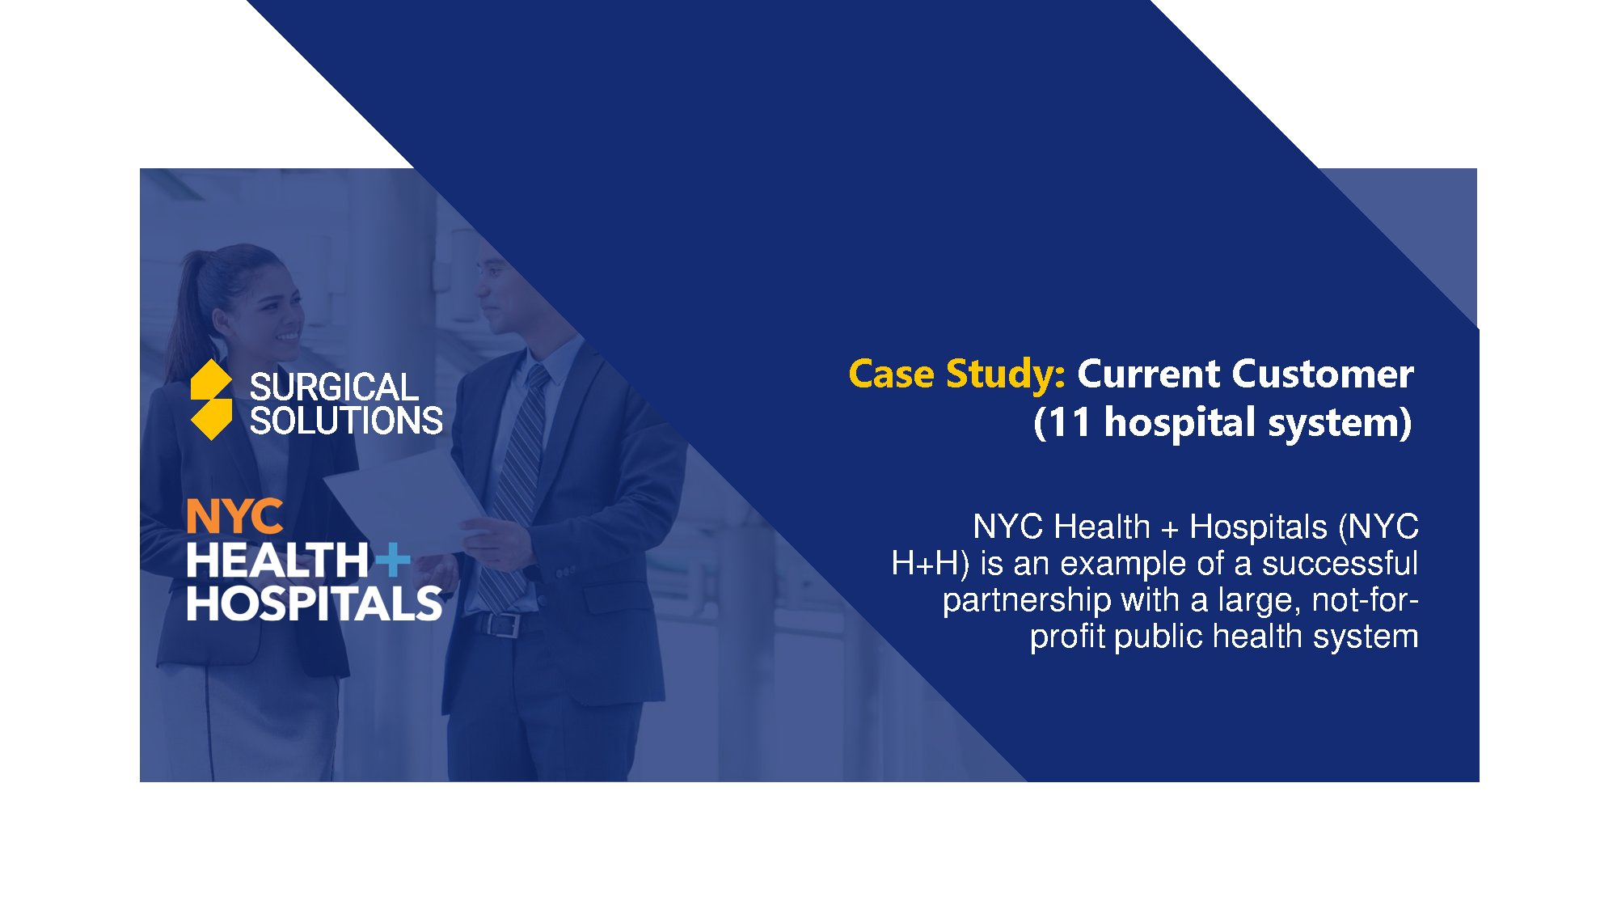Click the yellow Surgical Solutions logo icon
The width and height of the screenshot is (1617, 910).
click(211, 400)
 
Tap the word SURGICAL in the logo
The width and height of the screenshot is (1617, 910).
click(334, 387)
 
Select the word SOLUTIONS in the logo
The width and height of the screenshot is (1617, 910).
click(346, 421)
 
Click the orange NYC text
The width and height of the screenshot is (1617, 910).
click(234, 516)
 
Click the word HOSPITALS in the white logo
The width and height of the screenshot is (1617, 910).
click(315, 603)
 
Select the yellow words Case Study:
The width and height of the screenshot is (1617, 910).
click(957, 375)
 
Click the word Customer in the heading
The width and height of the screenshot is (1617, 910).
click(1323, 374)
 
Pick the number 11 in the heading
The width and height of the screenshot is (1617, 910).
click(1070, 422)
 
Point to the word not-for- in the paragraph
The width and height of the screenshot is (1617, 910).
click(1366, 599)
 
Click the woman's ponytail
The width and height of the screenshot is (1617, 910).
click(190, 307)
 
